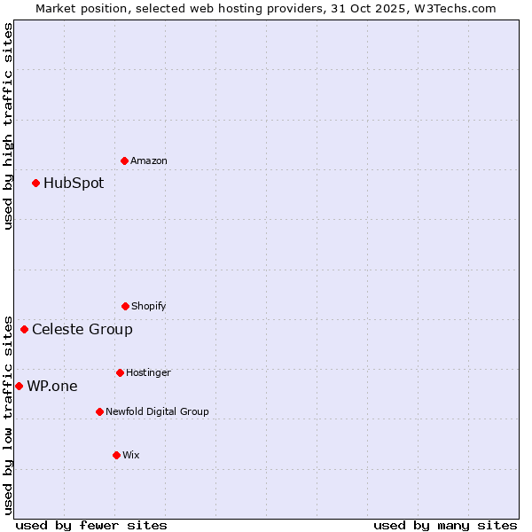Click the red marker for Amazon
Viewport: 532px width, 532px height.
click(124, 160)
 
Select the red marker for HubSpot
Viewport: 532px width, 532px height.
click(35, 184)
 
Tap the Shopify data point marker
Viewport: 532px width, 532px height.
click(125, 306)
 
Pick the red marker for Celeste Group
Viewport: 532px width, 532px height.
click(24, 330)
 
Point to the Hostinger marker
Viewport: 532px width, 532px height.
click(120, 372)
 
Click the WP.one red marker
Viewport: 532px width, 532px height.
click(19, 386)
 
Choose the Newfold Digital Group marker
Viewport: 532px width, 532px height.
click(99, 411)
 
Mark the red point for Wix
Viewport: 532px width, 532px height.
click(116, 455)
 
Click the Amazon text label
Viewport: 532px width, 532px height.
click(149, 160)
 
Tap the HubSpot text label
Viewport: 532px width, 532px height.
click(74, 184)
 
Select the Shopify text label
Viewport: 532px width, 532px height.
click(149, 306)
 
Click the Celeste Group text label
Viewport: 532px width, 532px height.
click(82, 330)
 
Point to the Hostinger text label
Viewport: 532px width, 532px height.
click(148, 372)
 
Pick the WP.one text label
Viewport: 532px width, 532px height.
click(52, 386)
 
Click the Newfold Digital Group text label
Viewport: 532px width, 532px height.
click(158, 411)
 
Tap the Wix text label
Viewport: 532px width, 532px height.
click(131, 455)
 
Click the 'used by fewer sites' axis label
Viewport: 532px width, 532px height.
click(91, 525)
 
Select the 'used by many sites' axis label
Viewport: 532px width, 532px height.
click(445, 525)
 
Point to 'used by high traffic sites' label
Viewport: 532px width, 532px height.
click(8, 126)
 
